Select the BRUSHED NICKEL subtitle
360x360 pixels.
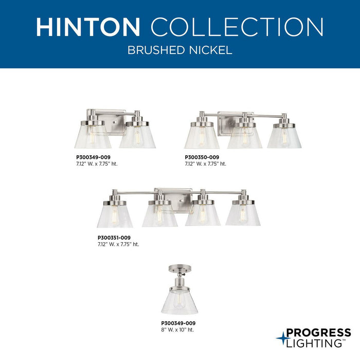tap(179, 51)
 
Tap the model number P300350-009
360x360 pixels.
tap(202, 157)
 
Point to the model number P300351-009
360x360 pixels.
tap(115, 238)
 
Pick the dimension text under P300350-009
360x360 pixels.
tap(205, 164)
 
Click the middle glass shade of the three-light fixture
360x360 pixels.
tap(245, 137)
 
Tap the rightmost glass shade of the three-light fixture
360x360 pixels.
tap(284, 137)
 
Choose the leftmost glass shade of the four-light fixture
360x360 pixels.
tap(115, 215)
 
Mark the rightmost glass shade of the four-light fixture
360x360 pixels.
tap(243, 214)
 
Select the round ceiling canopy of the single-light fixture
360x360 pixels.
tap(179, 268)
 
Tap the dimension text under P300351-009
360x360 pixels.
tap(118, 244)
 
